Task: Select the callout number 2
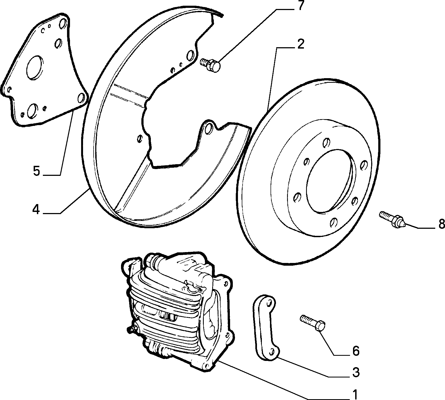click(300, 44)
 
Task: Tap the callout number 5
click(36, 171)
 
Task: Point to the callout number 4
click(36, 209)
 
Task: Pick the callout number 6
click(355, 351)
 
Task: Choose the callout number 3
click(355, 373)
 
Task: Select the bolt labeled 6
click(313, 322)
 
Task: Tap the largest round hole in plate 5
click(34, 68)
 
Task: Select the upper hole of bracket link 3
click(269, 302)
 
